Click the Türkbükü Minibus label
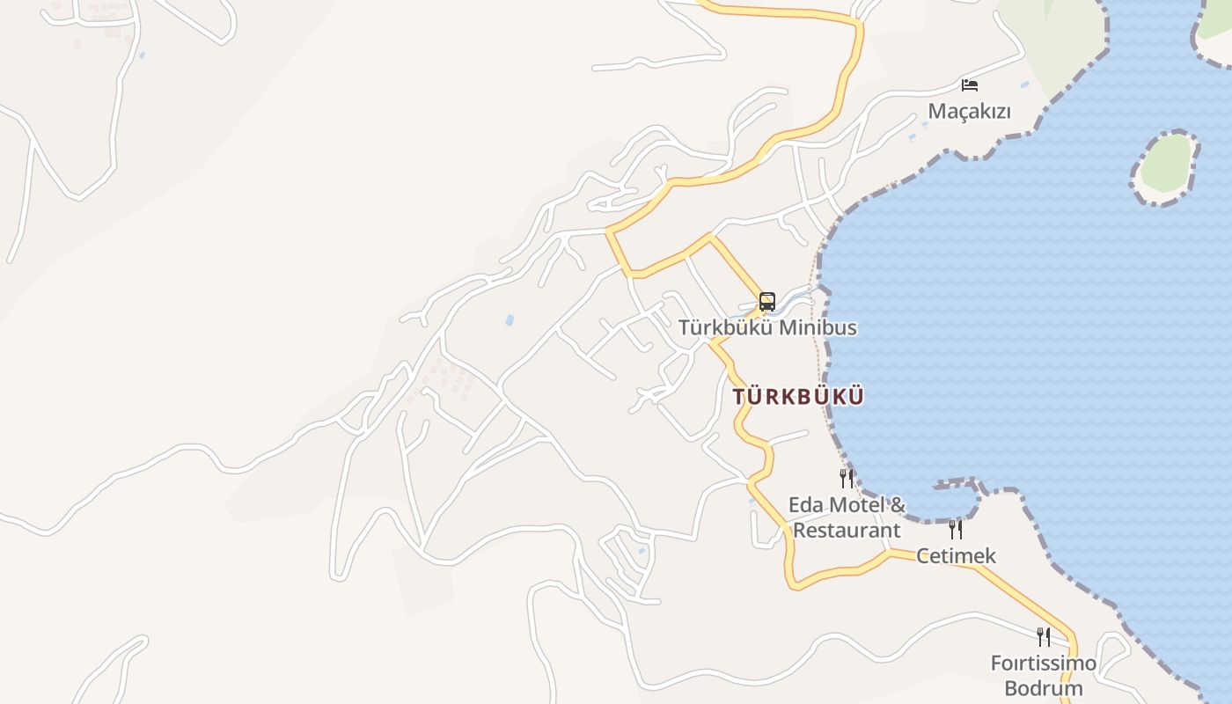767,327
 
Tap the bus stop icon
767,302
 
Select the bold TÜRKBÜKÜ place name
798,397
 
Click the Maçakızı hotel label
970,112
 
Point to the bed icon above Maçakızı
970,85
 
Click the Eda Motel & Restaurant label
847,517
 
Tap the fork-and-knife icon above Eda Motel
847,479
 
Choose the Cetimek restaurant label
956,555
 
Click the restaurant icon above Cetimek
956,530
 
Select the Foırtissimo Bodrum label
1044,675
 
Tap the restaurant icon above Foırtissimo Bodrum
1044,636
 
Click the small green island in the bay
1167,165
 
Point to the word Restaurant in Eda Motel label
847,531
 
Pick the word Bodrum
1044,688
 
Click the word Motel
855,505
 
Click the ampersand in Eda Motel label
898,505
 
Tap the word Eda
805,505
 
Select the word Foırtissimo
1044,663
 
